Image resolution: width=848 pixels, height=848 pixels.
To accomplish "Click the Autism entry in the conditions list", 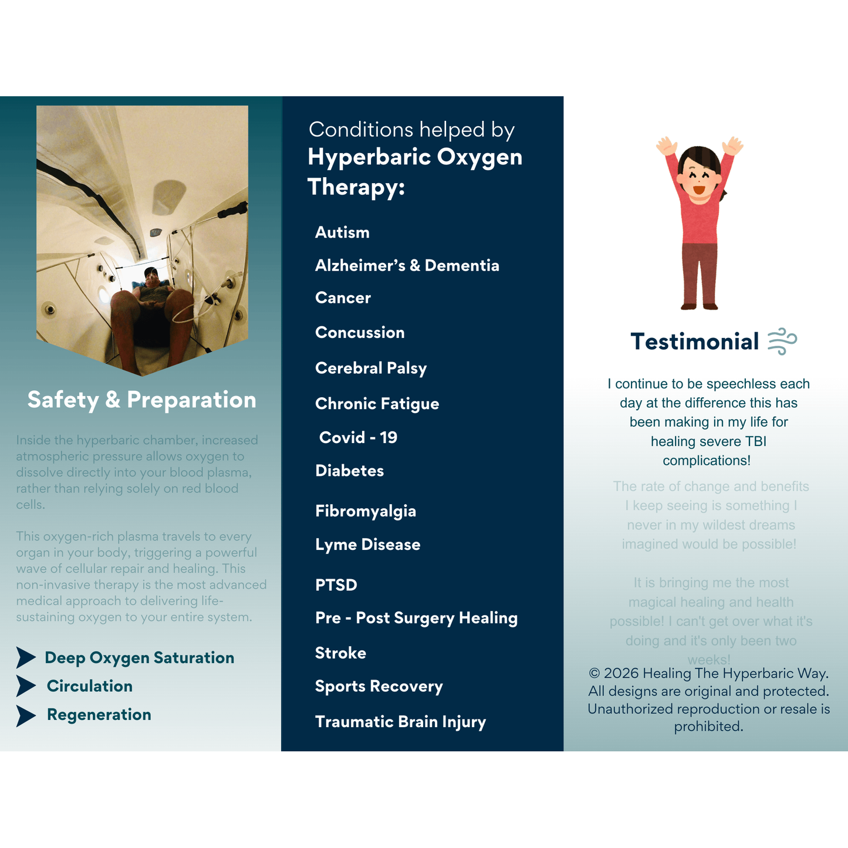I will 342,232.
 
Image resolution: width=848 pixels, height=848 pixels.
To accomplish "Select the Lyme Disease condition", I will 367,545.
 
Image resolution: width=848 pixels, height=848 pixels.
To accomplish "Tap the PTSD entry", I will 336,585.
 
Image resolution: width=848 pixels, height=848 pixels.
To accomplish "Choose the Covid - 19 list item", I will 358,437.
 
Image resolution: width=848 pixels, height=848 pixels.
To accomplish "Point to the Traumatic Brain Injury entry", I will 400,722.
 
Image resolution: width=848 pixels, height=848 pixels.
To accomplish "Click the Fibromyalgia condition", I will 365,511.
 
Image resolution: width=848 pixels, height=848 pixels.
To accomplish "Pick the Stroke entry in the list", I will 340,653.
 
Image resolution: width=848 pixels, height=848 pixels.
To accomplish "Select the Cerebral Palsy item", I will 371,368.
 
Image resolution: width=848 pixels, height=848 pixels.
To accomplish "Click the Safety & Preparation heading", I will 141,400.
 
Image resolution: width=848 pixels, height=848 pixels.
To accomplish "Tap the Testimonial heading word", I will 695,342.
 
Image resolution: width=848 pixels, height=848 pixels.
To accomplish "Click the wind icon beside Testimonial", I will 782,341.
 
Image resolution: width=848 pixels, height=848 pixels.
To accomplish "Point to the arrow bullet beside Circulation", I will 26,686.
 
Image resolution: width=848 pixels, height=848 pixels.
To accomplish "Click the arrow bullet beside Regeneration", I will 26,715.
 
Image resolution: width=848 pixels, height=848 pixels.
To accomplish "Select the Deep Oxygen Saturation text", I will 139,658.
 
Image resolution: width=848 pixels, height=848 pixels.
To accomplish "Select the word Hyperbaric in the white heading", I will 369,157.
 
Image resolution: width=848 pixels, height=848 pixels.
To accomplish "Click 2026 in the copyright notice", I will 621,674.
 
